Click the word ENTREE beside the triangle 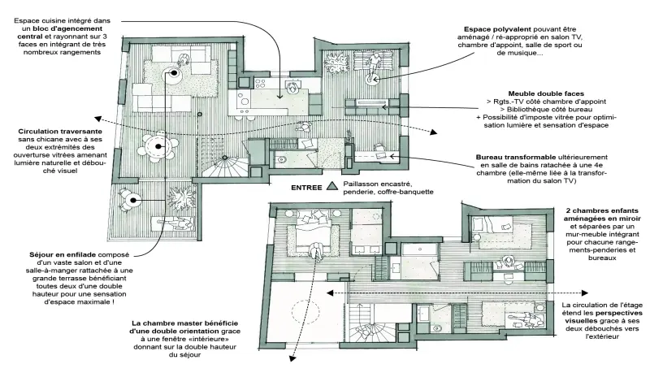click(x=306, y=188)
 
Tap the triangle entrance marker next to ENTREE click(x=331, y=187)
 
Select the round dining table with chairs click(x=158, y=146)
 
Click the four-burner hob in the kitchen click(x=260, y=84)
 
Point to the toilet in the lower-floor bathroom click(x=281, y=158)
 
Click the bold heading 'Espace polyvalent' click(x=497, y=29)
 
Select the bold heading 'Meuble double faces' click(x=546, y=93)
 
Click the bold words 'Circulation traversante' click(x=60, y=132)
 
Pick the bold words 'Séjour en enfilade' click(x=63, y=254)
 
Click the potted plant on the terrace click(x=181, y=196)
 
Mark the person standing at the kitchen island click(x=293, y=88)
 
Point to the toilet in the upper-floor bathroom click(x=435, y=327)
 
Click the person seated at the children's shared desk click(x=509, y=262)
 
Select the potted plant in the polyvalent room click(x=336, y=63)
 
